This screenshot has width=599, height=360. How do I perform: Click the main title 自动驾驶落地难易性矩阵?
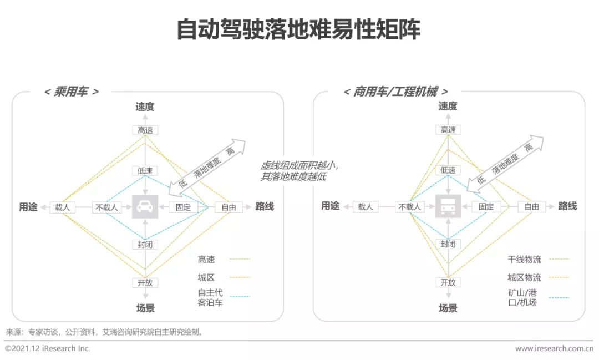coord(298,29)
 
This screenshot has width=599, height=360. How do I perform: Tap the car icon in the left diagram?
coord(145,207)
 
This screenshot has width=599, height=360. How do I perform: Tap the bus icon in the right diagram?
coord(448,206)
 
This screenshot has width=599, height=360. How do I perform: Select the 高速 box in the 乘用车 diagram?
coord(145,130)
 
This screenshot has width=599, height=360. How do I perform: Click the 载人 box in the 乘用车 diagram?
coord(63,207)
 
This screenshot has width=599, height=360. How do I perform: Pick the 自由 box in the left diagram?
coord(229,207)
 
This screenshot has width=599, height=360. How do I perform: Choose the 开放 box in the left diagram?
coord(145,283)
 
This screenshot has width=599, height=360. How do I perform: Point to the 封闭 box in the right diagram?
coord(448,244)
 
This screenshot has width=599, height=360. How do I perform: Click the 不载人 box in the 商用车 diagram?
coord(409,207)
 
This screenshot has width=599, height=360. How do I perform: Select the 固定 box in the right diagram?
coord(486,207)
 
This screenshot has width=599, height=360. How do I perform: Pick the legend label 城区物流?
coord(524,277)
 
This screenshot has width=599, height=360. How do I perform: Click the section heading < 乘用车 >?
coord(72,92)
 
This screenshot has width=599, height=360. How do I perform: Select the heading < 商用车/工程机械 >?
coord(396,92)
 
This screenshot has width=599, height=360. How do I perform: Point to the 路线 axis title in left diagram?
coord(265,207)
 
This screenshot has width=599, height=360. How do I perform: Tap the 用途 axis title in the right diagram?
coord(331,206)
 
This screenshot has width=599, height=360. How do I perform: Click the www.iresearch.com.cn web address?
coord(554,348)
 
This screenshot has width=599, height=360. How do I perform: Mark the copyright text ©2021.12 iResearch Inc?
coord(47,348)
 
